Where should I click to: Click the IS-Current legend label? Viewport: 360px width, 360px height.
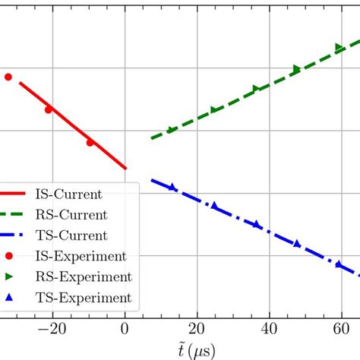tap(69, 194)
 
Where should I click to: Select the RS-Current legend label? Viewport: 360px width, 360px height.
tap(71, 214)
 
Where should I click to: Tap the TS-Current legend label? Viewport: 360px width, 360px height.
tap(71, 235)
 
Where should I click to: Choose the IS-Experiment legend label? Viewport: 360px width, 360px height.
tap(81, 256)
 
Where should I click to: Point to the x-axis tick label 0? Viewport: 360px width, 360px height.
tap(125, 330)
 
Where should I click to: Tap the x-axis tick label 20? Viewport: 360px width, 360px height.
tap(197, 330)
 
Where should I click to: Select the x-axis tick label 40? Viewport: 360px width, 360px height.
tap(270, 330)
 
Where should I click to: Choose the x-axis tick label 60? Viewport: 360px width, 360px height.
tap(342, 330)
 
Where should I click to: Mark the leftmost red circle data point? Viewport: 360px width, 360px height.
tap(8, 77)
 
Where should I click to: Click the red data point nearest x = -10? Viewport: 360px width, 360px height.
tap(90, 142)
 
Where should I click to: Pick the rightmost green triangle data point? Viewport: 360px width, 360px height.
tap(339, 48)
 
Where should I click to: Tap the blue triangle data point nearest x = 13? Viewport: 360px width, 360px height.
tap(172, 187)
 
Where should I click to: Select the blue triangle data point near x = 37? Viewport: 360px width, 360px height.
tap(257, 224)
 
